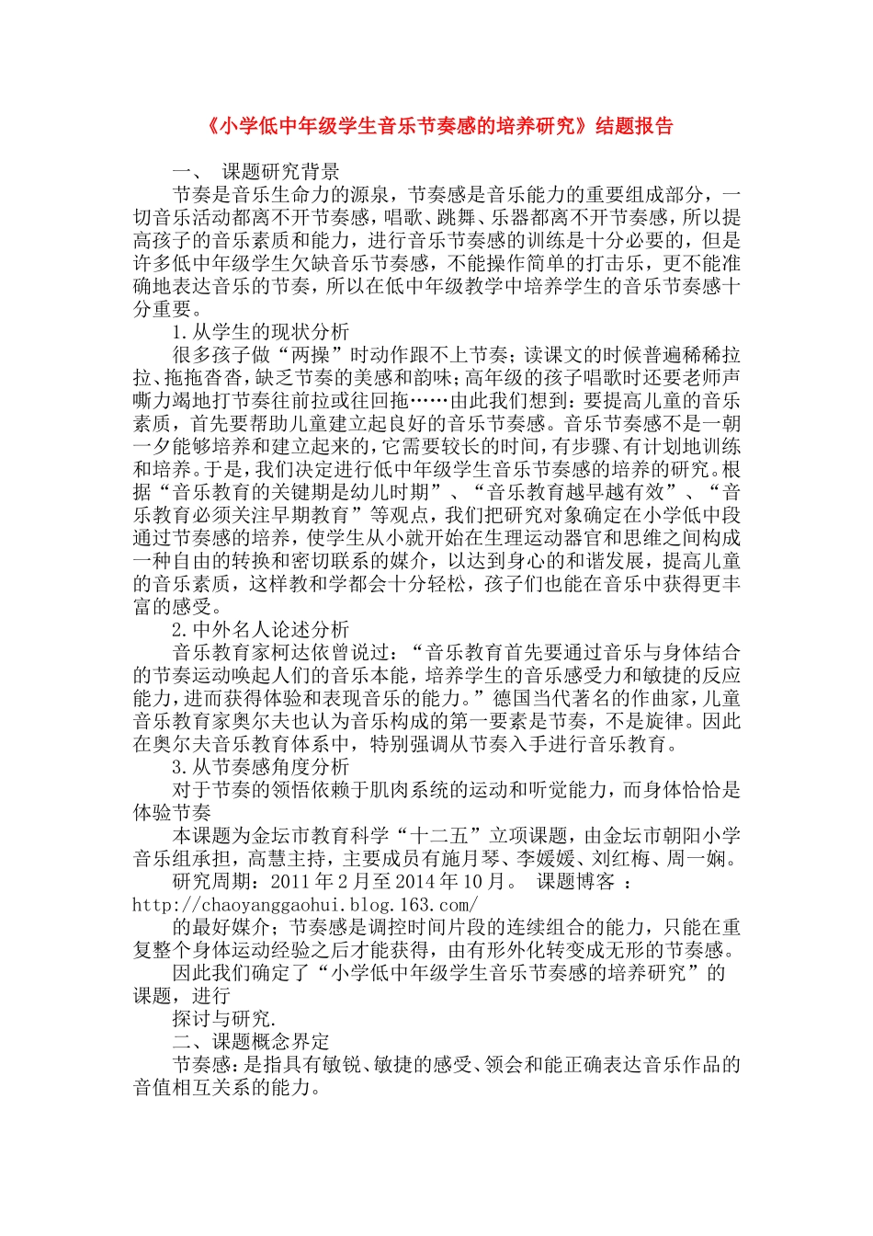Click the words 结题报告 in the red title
click(x=635, y=126)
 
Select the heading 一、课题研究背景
click(x=256, y=171)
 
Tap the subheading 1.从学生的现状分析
click(x=261, y=332)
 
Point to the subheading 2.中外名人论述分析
click(x=261, y=630)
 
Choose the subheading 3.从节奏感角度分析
click(x=261, y=767)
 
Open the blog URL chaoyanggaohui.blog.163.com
click(x=305, y=905)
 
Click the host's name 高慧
click(x=266, y=859)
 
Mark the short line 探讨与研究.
click(x=223, y=1019)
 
